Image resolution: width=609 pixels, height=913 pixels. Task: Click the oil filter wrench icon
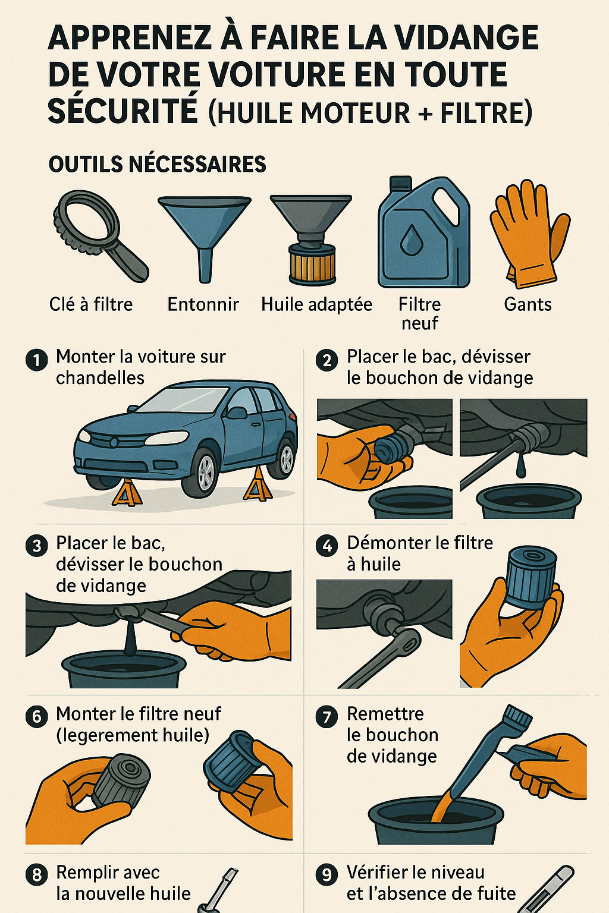click(x=98, y=235)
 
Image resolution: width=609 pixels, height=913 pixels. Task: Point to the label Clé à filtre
click(x=91, y=304)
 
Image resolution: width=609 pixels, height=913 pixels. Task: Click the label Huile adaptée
click(x=316, y=304)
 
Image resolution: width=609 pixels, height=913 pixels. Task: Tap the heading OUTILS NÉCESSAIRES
click(x=157, y=164)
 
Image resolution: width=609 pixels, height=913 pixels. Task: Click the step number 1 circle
click(x=37, y=360)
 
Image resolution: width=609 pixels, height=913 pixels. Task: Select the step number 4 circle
click(x=327, y=546)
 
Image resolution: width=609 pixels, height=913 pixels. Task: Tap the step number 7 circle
click(x=327, y=716)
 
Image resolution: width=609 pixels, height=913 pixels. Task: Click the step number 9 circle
click(x=327, y=875)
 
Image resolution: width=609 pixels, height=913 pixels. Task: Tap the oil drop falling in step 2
click(x=521, y=468)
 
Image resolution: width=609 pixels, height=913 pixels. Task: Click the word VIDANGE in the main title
click(x=467, y=38)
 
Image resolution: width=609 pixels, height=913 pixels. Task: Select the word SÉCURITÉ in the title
click(x=123, y=111)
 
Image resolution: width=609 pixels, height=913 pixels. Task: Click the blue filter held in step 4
click(x=530, y=577)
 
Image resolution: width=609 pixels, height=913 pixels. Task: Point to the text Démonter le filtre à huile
click(x=419, y=553)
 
